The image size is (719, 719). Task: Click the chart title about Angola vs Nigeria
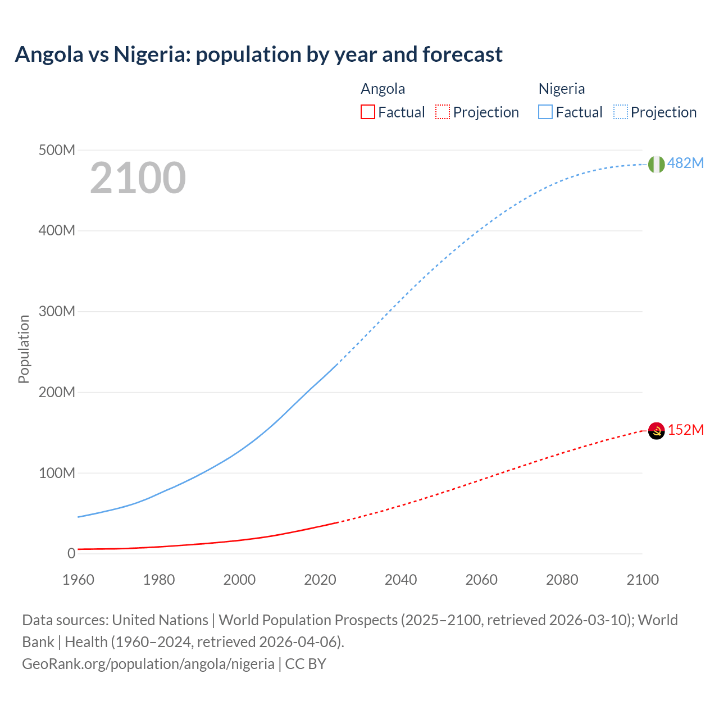tap(258, 54)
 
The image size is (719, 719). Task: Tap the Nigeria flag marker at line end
tap(656, 164)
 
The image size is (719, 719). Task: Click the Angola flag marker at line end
tap(656, 431)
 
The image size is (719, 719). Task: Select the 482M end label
tap(685, 163)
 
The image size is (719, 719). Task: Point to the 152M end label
tap(685, 430)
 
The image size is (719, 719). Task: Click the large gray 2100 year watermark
tap(138, 178)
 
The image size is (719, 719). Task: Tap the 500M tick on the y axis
tap(57, 150)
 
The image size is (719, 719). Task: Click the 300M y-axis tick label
tap(57, 311)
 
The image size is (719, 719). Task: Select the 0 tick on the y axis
tap(71, 553)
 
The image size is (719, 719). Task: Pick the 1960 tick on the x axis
tap(78, 580)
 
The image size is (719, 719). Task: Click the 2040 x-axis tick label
tap(401, 580)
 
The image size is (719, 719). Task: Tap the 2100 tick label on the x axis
tap(642, 580)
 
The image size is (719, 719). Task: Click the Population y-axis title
tap(24, 349)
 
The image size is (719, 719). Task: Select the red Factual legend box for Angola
tap(367, 112)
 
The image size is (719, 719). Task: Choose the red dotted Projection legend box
tap(443, 112)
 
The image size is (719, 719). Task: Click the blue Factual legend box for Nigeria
tap(545, 112)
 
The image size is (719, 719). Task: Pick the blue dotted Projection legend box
tap(621, 112)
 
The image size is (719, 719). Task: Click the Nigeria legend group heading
tap(562, 89)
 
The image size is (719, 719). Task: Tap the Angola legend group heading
tap(383, 89)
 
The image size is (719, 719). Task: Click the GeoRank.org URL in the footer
tap(148, 664)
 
